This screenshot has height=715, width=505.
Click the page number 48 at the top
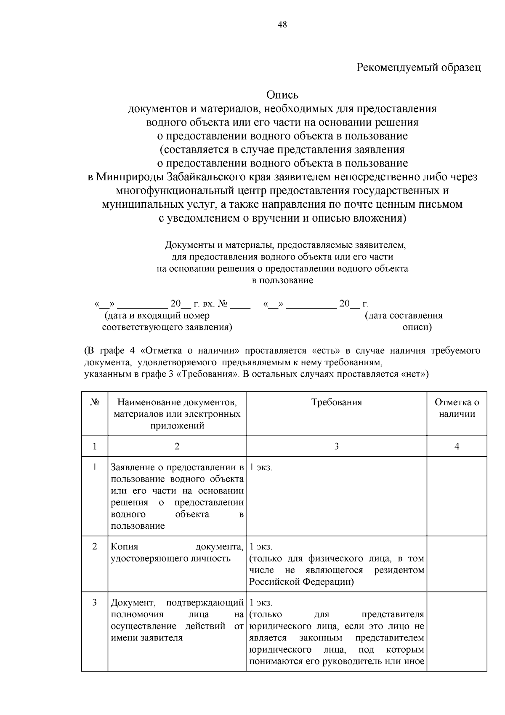coord(282,25)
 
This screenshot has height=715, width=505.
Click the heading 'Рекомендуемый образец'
coord(418,67)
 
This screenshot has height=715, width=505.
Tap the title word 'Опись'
coord(282,95)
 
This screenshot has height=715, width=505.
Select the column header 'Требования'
coord(336,402)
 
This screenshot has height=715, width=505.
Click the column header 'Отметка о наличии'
coord(457,408)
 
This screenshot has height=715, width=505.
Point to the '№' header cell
coord(95,402)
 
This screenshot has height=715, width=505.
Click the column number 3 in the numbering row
coord(336,446)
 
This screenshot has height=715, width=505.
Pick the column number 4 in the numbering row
coord(457,446)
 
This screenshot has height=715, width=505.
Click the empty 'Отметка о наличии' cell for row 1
coord(457,496)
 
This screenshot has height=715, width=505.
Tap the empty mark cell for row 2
coord(457,564)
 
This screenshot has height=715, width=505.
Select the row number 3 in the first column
coord(95,603)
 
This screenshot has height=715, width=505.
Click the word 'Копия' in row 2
coord(124,547)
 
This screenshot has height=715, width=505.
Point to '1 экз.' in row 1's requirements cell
coord(261,467)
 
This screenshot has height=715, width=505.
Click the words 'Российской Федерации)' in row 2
coord(301,582)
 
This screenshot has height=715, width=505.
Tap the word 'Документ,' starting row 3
coord(134,603)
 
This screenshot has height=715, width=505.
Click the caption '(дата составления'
coord(404,316)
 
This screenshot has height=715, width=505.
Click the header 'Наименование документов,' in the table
coord(177,402)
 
